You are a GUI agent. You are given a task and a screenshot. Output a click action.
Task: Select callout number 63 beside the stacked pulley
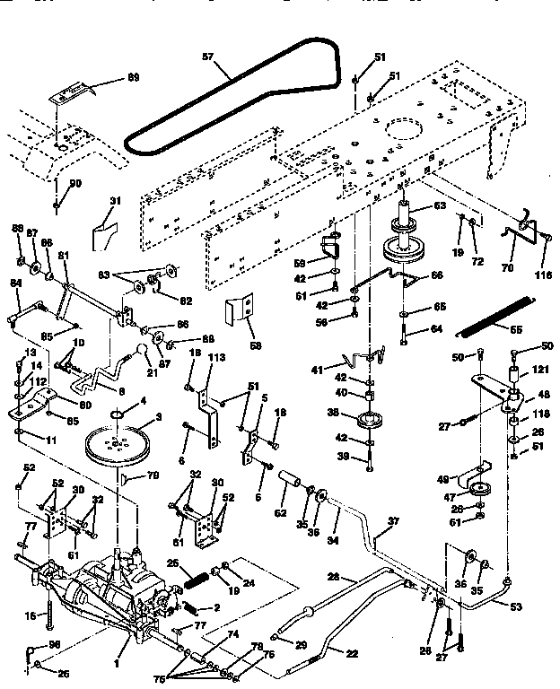coord(439,206)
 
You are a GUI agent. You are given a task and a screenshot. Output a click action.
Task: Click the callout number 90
coord(75,184)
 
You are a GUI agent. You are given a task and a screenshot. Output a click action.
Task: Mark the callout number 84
coord(15,284)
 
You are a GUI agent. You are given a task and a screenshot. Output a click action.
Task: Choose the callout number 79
coord(153,475)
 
